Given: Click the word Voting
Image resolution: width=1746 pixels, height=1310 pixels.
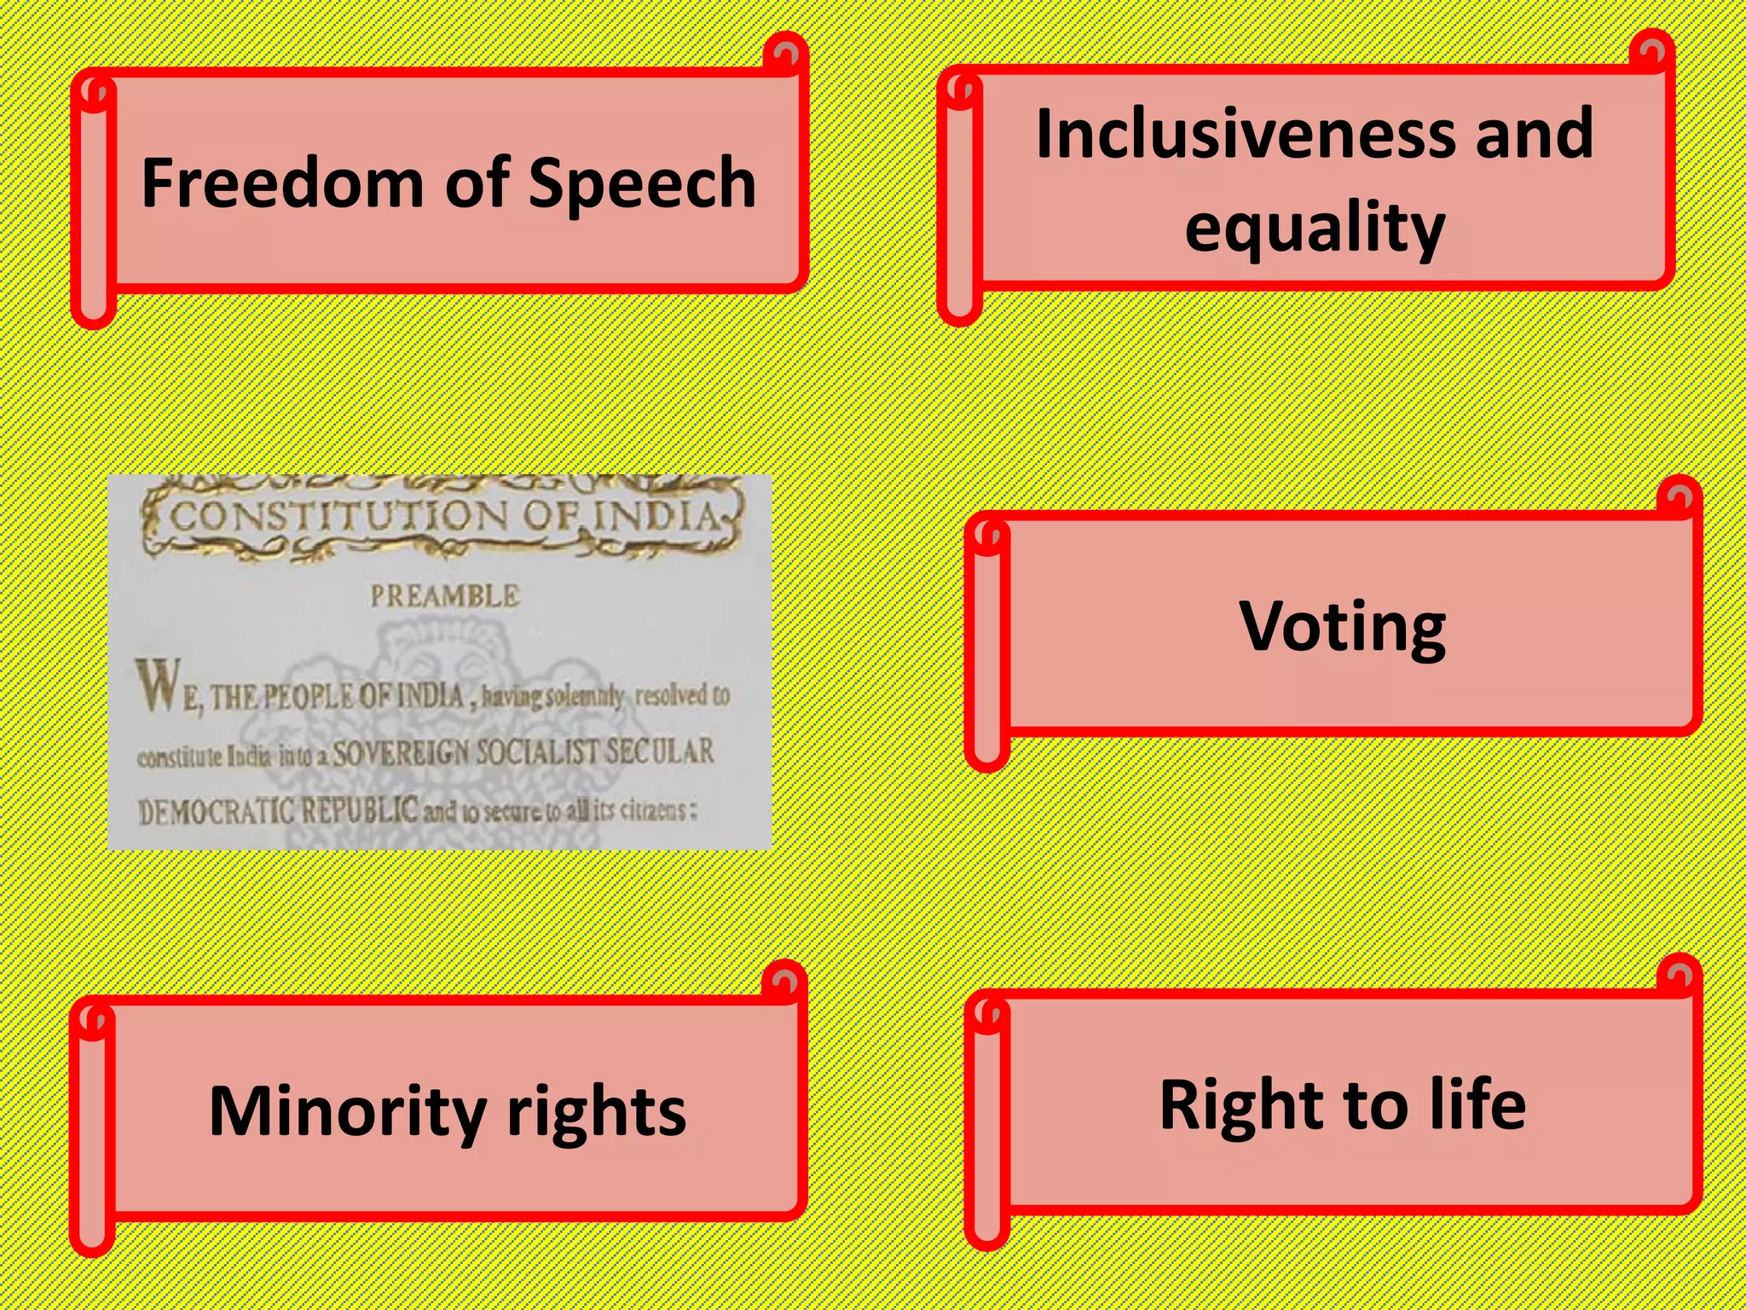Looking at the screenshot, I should [1342, 627].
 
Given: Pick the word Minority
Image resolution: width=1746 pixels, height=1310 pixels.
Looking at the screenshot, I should [347, 1111].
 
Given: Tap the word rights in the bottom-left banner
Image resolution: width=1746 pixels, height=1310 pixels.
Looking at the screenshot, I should [596, 1111].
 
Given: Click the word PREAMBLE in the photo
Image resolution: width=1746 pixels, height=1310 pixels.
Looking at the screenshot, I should [444, 595].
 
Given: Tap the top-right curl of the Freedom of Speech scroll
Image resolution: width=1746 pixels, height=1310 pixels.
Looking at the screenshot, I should [785, 54].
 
